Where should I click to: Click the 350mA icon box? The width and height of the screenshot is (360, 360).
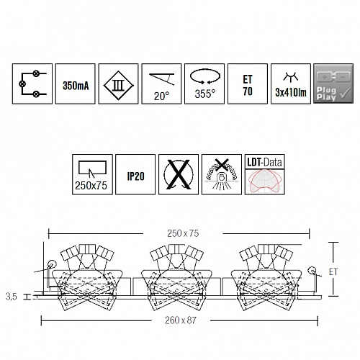click(x=76, y=84)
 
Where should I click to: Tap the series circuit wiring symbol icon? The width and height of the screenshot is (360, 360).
click(x=32, y=84)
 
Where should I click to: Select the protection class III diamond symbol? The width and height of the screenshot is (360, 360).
click(x=118, y=85)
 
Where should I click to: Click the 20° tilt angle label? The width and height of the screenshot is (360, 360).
click(x=161, y=96)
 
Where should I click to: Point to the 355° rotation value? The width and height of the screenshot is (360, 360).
click(x=205, y=94)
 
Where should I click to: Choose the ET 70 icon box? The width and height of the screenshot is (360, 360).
click(x=248, y=84)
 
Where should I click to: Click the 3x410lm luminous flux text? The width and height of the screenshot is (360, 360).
click(x=291, y=92)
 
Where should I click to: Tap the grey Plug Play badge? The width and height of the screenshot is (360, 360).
click(x=333, y=84)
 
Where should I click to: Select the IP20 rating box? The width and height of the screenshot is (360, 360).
click(x=135, y=174)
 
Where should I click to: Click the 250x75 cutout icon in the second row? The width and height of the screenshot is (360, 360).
click(x=92, y=174)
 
